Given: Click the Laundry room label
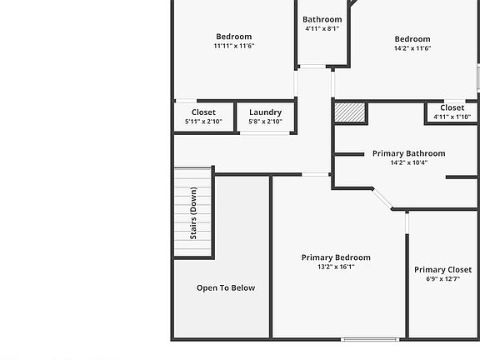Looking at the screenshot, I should (265, 112).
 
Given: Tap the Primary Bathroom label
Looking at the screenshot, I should (408, 153).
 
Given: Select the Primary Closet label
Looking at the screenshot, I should (442, 270).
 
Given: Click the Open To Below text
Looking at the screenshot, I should (226, 288).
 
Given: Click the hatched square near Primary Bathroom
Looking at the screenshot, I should (350, 112).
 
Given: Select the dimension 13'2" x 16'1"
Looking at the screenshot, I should (336, 267).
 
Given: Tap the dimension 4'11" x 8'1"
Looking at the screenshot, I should (322, 29).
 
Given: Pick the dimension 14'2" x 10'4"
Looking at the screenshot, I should (408, 163).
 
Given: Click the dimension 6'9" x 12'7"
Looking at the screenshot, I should (442, 280).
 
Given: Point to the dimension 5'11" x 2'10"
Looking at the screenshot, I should (203, 122).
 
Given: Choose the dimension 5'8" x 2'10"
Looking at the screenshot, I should (265, 122).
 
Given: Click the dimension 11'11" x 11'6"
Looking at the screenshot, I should (233, 47).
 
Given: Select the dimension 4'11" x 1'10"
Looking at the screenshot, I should (452, 117).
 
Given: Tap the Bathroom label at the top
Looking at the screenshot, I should (322, 19).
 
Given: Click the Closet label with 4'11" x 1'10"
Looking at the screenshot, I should (452, 107).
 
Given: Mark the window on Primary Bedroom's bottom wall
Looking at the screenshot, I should (370, 338).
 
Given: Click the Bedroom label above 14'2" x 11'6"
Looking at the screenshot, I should (412, 39).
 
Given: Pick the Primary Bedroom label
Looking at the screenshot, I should (336, 257).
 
